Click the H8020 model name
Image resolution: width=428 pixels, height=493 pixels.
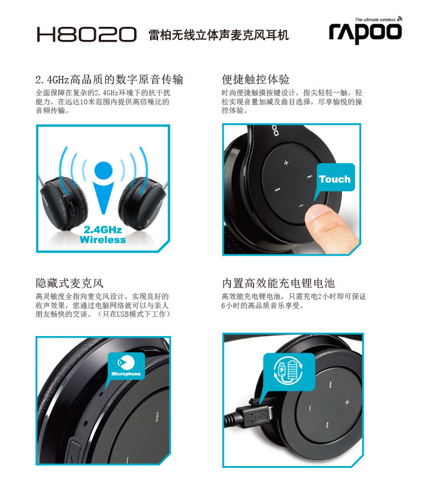pos(87,34)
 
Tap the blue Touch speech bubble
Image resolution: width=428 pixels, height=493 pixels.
pos(334,179)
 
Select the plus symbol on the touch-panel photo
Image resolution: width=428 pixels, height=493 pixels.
pos(286,163)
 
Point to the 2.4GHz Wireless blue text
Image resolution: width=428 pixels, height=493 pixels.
pos(103,235)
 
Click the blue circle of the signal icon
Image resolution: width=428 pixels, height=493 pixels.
pos(103,171)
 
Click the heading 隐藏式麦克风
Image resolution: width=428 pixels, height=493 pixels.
pos(70,283)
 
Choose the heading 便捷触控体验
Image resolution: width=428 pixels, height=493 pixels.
pos(255,79)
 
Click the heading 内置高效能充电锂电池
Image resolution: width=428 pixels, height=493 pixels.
pos(278,283)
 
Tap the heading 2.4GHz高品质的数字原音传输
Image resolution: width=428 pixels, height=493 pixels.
pos(109,79)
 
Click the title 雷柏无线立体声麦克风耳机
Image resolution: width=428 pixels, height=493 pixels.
pos(219,35)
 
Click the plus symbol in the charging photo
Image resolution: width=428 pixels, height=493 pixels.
pos(347,402)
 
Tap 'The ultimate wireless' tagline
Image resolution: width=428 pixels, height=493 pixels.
pos(375,19)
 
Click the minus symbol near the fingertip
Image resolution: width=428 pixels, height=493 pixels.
pos(301,205)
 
